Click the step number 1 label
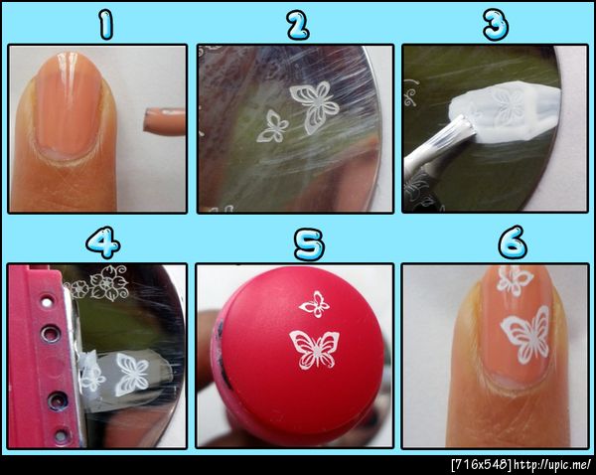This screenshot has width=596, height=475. (105, 24)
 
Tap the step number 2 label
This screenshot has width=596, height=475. (298, 24)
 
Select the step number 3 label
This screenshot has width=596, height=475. (496, 24)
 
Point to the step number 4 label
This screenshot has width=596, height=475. (103, 242)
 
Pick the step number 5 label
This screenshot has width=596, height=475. (309, 244)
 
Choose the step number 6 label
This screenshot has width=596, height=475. (513, 242)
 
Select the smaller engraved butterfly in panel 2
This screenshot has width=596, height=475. (272, 126)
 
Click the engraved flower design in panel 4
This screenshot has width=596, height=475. (98, 283)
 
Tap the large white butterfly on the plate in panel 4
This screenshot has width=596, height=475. (132, 375)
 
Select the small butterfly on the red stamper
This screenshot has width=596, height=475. (314, 304)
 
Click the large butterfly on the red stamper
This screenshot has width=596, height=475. (315, 350)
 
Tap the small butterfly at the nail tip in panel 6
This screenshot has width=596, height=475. (514, 280)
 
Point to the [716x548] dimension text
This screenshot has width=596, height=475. (481, 465)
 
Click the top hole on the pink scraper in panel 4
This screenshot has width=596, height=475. (47, 302)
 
